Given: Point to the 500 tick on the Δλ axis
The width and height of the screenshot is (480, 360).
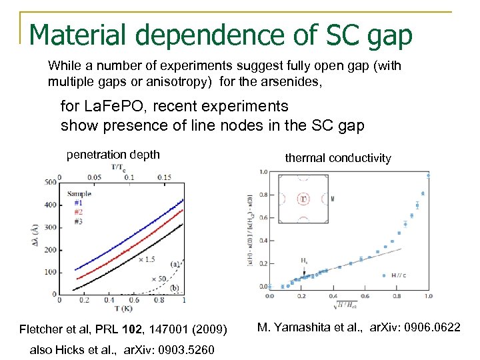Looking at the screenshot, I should pyautogui.click(x=49, y=182).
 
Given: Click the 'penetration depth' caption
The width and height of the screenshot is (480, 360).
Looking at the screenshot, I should pyautogui.click(x=113, y=155).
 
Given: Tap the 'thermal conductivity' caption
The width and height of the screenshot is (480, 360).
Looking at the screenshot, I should pyautogui.click(x=338, y=158).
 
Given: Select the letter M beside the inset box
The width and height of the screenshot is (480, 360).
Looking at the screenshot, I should pyautogui.click(x=332, y=198).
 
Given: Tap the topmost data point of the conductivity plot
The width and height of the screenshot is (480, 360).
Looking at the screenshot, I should pyautogui.click(x=427, y=176).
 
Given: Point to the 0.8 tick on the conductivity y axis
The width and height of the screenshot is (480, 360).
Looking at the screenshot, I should pyautogui.click(x=263, y=195).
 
